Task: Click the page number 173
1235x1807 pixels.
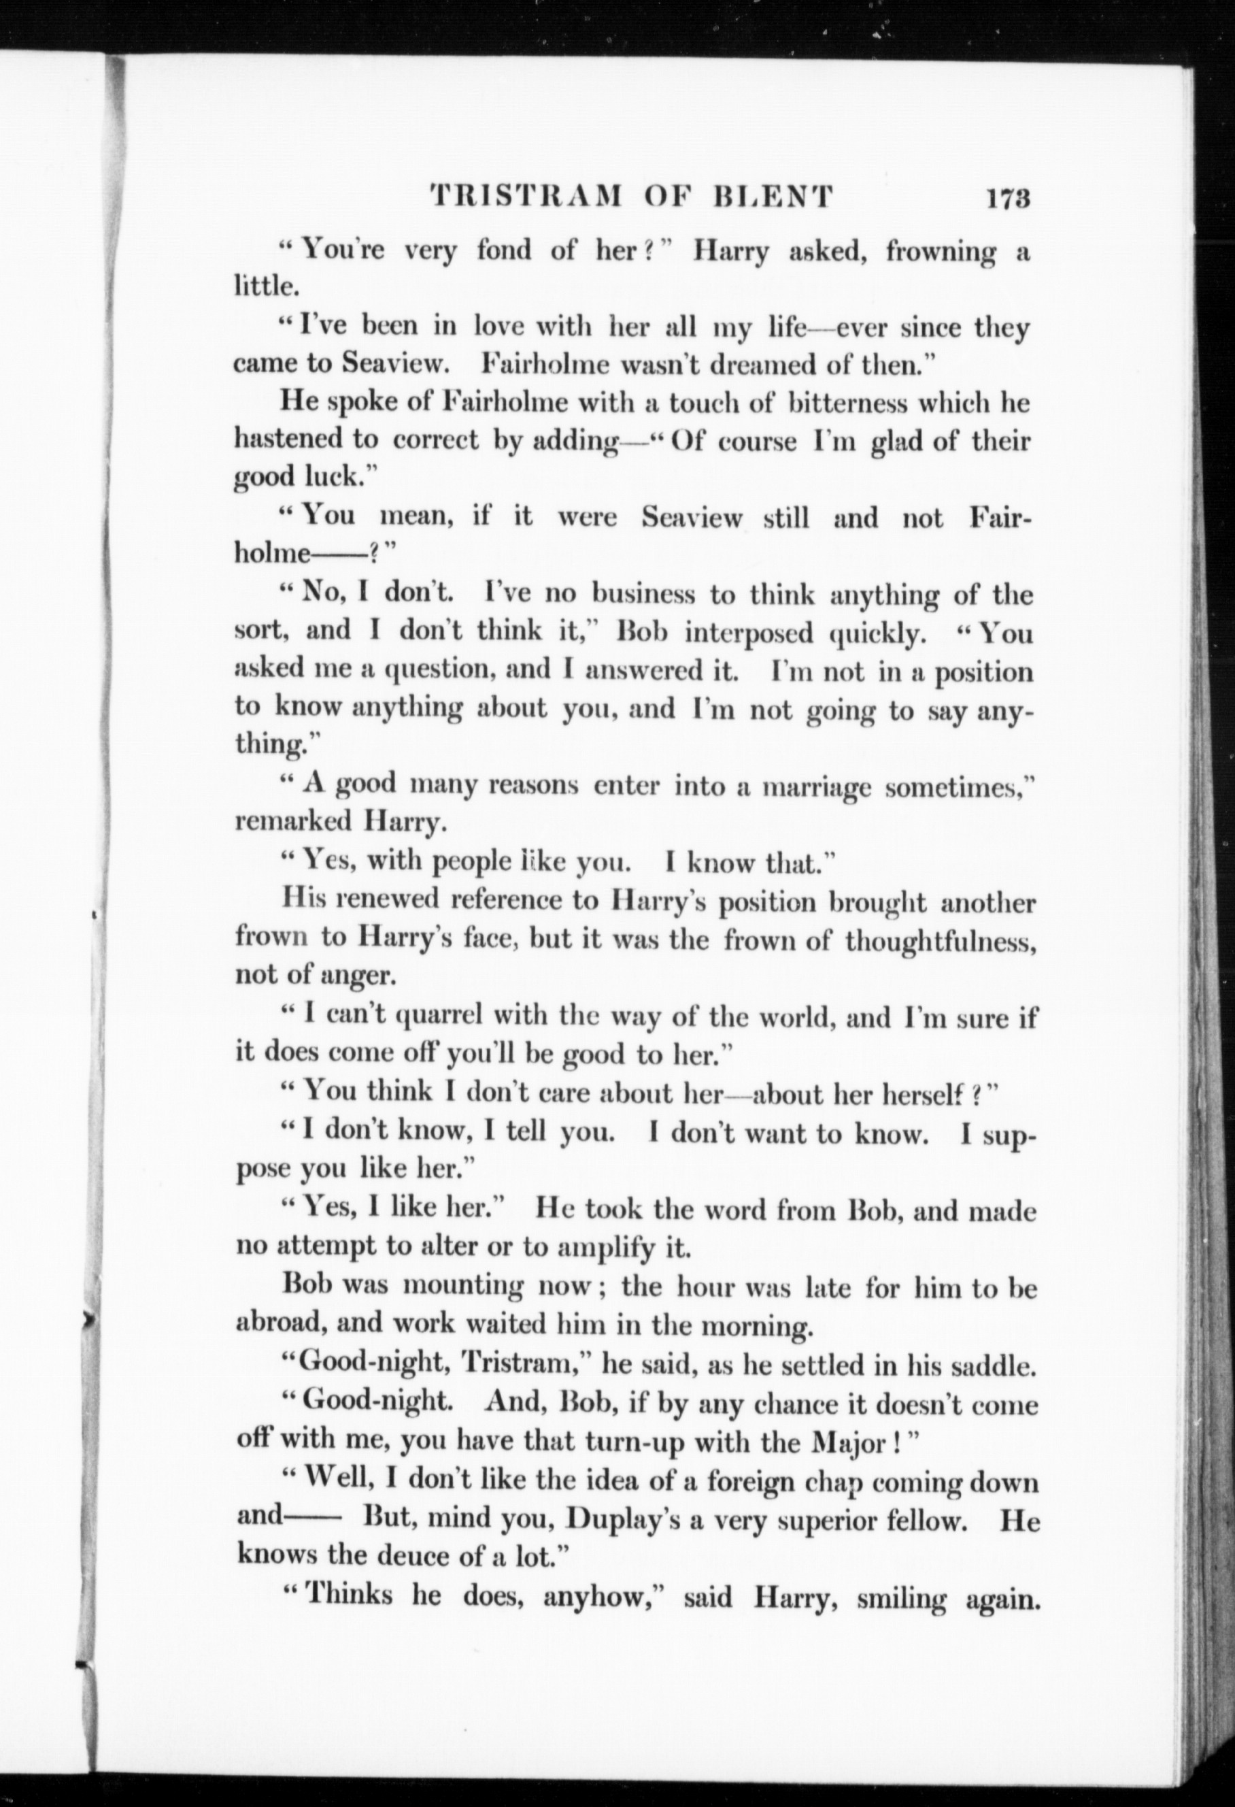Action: pos(1008,197)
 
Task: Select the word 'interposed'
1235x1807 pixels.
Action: pos(749,633)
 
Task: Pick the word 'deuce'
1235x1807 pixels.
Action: pos(419,1556)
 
